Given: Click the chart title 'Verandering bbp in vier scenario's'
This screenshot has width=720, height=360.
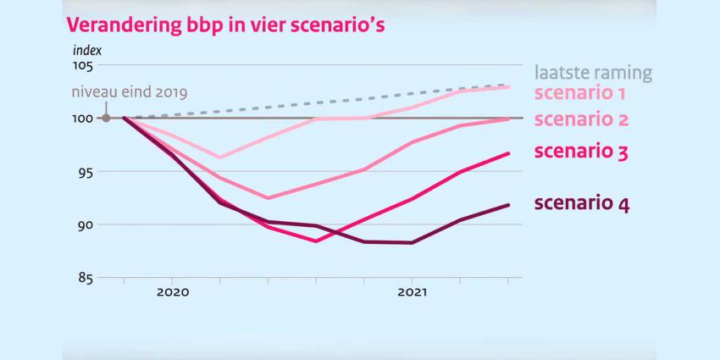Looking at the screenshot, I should pos(225,24).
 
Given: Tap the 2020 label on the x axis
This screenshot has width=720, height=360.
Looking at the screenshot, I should pos(172,292).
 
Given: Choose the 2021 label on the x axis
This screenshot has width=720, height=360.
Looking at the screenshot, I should pos(412,292).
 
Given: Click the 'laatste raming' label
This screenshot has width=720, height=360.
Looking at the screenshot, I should pos(593,73).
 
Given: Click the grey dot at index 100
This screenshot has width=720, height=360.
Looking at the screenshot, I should pos(106,118).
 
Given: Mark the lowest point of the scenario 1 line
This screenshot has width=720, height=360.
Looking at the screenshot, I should pos(220,158).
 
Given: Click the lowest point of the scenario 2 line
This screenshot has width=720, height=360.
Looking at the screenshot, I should pos(269,198).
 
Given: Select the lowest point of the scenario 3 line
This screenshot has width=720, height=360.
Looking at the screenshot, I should pos(316,241).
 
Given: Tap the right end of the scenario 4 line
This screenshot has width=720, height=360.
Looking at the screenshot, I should pos(508,205).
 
